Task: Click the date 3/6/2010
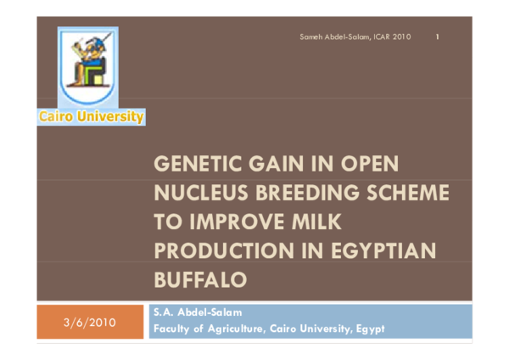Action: pos(84,323)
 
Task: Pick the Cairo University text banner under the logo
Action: pos(90,118)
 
